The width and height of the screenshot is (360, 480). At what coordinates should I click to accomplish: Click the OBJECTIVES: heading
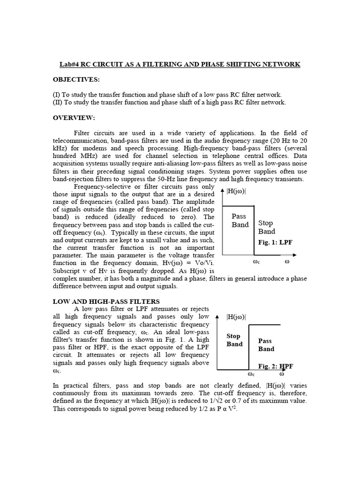coord(76,80)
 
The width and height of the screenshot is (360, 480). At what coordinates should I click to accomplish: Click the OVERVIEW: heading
coord(74,118)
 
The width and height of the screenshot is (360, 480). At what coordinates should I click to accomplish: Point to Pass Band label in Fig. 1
coord(239,220)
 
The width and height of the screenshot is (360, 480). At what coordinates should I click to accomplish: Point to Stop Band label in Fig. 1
coord(267,227)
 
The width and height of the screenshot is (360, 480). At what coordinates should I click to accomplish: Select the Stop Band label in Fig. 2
coord(235,340)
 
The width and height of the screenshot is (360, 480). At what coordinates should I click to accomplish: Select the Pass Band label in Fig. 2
coord(266,345)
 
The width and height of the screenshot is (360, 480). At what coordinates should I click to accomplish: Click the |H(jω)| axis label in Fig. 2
coord(239,317)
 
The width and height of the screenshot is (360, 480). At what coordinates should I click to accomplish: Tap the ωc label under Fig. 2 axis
coord(251,375)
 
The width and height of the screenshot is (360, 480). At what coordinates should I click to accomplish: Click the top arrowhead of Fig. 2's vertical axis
coord(217,317)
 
